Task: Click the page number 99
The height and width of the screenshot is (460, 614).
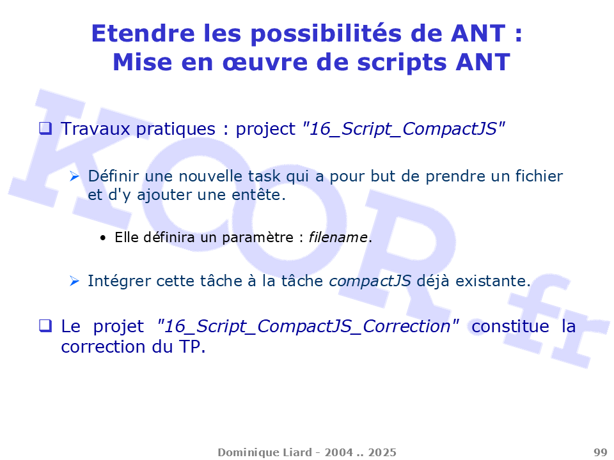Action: tap(601, 452)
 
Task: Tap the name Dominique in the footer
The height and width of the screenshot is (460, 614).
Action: tap(243, 452)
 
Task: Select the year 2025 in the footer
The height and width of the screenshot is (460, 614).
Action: tap(382, 452)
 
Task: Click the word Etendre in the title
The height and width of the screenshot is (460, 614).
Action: tap(143, 33)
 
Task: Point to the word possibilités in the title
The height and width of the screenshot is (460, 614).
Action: tap(326, 34)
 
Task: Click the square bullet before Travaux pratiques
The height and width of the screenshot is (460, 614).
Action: tap(45, 128)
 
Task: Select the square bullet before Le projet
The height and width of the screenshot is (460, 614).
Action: tap(45, 325)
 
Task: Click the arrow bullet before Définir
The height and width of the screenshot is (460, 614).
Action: tap(74, 176)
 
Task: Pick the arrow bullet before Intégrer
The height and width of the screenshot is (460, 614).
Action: tap(74, 281)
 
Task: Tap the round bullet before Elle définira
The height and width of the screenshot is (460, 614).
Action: tap(103, 238)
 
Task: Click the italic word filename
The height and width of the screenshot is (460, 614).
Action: tap(338, 237)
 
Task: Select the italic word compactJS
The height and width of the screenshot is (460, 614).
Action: tap(370, 281)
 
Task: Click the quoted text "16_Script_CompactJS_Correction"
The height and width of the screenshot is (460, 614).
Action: tap(308, 326)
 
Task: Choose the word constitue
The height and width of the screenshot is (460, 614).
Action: tap(510, 326)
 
